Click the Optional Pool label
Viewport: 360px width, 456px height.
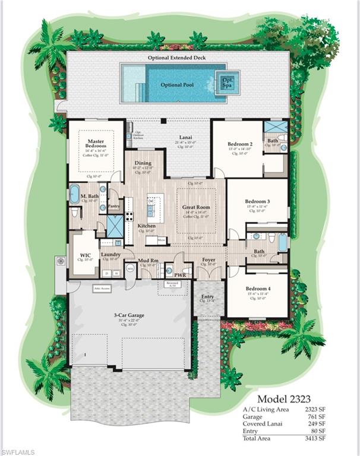(x=177, y=85)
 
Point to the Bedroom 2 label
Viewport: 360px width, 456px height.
(x=241, y=144)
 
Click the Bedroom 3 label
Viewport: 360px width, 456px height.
(x=257, y=201)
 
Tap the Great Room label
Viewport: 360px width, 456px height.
(x=196, y=208)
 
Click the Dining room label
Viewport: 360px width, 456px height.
(x=143, y=163)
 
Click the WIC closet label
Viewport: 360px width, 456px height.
(x=85, y=255)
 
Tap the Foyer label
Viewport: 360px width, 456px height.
(x=208, y=259)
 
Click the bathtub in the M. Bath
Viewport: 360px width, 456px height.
(x=74, y=194)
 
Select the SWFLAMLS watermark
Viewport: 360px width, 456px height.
(x=20, y=449)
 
